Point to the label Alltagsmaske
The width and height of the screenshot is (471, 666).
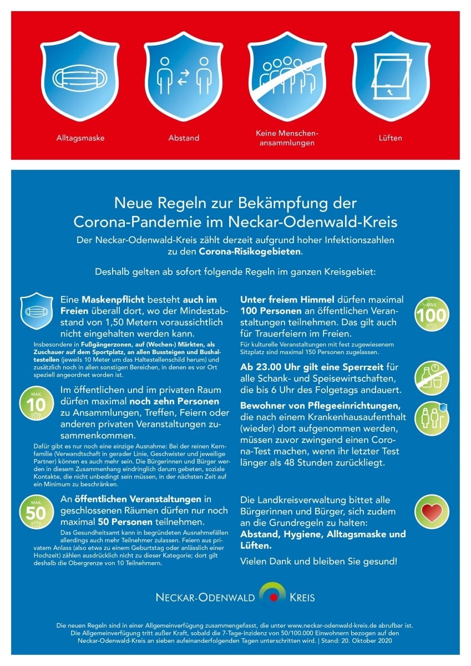click(x=80, y=138)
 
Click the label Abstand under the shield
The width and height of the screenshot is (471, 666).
click(x=184, y=138)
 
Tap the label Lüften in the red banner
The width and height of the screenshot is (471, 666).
click(x=391, y=138)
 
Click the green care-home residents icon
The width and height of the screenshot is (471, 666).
click(x=432, y=417)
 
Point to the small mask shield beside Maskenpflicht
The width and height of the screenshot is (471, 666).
click(x=37, y=311)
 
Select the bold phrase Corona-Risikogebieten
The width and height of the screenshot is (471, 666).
click(x=250, y=251)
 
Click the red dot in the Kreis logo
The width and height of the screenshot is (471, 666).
click(x=273, y=597)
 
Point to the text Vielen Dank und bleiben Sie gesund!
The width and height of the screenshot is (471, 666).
click(x=318, y=561)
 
